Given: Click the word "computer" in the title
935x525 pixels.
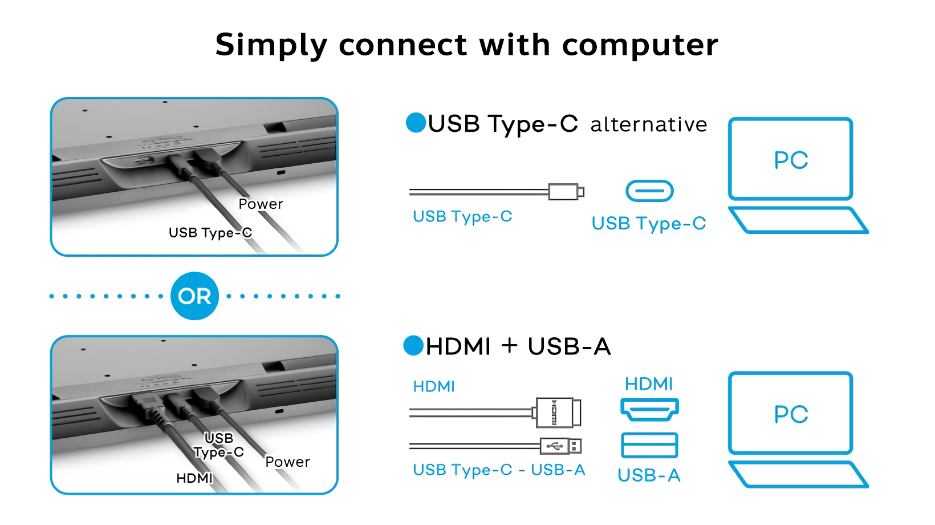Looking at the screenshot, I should tap(640, 46).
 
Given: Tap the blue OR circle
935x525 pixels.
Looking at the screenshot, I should tap(194, 296).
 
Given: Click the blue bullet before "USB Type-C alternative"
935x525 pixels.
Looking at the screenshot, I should tap(416, 123).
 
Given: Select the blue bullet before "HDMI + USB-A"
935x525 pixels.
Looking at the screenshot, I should tap(413, 345).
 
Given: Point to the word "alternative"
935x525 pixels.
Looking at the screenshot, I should tap(649, 124).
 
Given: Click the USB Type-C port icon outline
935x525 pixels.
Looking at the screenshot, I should tap(649, 191).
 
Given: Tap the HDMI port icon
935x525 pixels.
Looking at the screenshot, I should tap(649, 409).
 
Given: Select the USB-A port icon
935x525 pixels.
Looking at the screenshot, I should tap(649, 445).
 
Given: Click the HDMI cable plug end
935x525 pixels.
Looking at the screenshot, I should tap(558, 412).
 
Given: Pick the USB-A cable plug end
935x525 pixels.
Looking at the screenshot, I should tap(560, 446).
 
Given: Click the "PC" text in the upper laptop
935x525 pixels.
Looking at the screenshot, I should tap(791, 160).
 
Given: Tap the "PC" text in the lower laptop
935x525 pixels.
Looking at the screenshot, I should tap(791, 414).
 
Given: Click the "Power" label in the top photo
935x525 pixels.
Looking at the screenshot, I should tap(261, 204).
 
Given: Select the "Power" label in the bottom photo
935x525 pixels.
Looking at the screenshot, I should tap(287, 462).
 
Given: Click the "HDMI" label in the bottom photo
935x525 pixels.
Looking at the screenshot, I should tap(194, 478).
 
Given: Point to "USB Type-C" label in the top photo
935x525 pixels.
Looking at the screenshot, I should tap(210, 232).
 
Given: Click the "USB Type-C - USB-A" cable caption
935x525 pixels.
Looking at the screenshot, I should tap(499, 470).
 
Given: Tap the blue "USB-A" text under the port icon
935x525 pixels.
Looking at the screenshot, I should tap(649, 475).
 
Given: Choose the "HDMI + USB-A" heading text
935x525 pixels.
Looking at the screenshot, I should tap(518, 346).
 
